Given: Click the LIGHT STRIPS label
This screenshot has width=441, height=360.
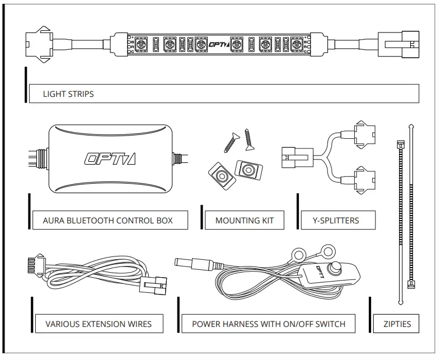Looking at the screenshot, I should coord(68,94).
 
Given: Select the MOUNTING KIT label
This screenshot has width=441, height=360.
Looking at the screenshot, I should coord(245,220).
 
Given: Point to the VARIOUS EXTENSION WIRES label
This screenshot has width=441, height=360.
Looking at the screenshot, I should coord(98,324).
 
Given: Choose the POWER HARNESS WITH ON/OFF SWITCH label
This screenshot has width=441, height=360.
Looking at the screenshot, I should coord(269,324).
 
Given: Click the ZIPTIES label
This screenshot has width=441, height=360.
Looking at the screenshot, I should coord(397,324).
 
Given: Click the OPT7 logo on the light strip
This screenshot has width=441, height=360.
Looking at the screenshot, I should coord(215,43).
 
